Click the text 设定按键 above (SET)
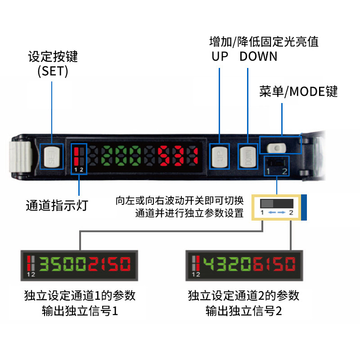(x=53, y=57)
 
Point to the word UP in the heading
(x=220, y=57)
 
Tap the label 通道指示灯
(x=57, y=206)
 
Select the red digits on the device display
(x=177, y=156)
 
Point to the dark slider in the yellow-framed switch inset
(x=270, y=202)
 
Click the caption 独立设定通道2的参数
(x=243, y=296)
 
